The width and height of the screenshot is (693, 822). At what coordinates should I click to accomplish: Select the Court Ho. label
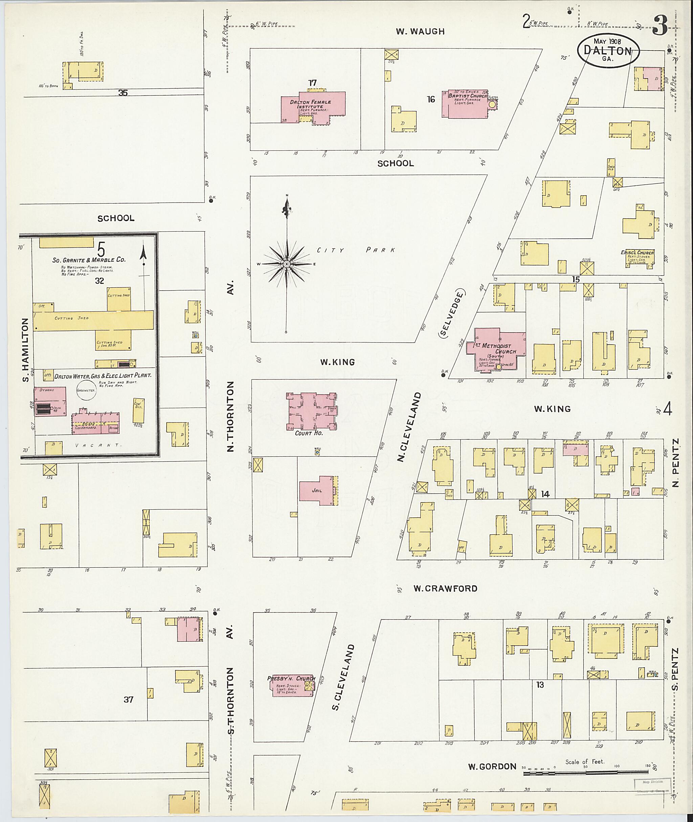coord(309,433)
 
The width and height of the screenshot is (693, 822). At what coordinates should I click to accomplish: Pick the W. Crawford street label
coord(445,588)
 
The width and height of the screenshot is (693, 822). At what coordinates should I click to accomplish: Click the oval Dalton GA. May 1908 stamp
coord(608,50)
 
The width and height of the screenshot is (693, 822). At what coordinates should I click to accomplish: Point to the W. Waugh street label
coord(420,32)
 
